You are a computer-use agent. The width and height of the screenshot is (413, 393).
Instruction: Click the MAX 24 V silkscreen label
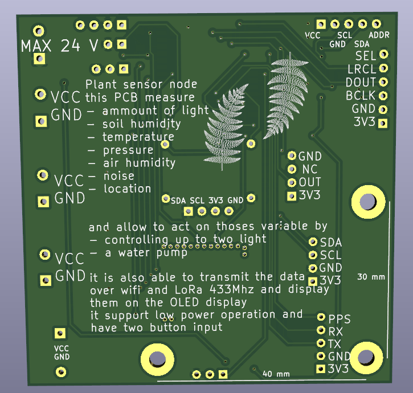[x=59, y=46]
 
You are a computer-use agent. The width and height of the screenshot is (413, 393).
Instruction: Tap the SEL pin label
[x=365, y=56]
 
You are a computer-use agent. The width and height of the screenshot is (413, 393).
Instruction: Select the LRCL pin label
[x=361, y=69]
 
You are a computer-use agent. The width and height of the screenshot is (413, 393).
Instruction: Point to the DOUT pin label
[x=361, y=82]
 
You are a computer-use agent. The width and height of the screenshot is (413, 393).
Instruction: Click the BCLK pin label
[x=361, y=95]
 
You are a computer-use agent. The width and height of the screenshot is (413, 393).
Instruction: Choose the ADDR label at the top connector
[x=379, y=35]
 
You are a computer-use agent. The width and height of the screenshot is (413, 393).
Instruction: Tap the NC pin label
[x=309, y=169]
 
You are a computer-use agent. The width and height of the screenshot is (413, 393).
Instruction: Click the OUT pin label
[x=310, y=182]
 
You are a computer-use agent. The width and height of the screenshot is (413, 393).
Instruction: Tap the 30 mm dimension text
[x=371, y=277]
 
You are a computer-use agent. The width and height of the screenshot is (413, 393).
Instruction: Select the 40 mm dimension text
[x=276, y=374]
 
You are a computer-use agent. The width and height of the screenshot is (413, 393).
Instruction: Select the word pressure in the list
[x=128, y=150]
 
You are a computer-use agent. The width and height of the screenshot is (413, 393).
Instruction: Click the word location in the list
[x=127, y=189]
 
